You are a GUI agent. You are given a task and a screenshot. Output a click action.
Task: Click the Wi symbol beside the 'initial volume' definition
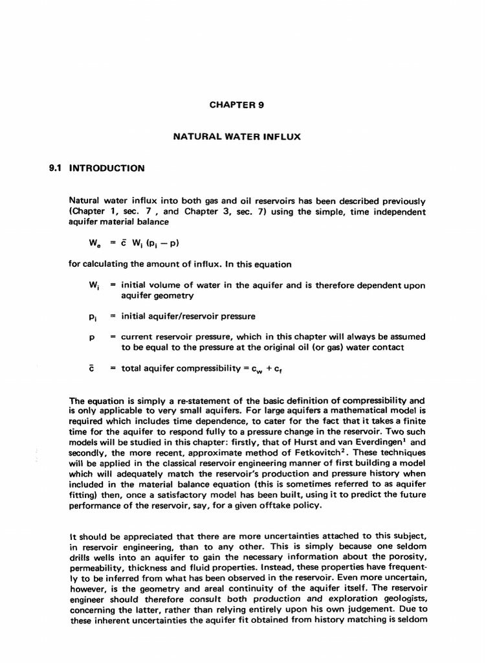(x=93, y=286)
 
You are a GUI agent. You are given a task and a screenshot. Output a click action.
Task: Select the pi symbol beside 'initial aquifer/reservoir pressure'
(x=93, y=317)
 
